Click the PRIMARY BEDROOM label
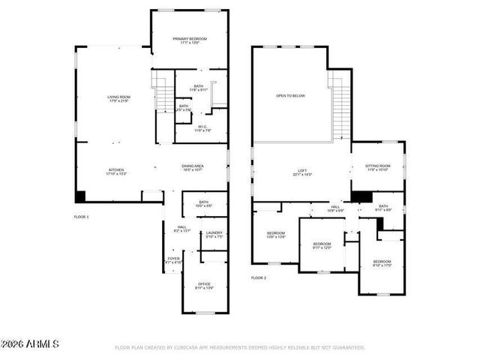point(189,39)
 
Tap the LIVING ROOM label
point(118,97)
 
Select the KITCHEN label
point(115,169)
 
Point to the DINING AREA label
point(193,166)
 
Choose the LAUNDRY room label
point(214,232)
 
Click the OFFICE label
point(204,283)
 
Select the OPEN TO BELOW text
point(290,96)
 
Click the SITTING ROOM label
point(377,166)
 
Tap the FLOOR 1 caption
point(81,217)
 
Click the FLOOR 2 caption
point(259,277)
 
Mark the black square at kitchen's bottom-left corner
point(80,196)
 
